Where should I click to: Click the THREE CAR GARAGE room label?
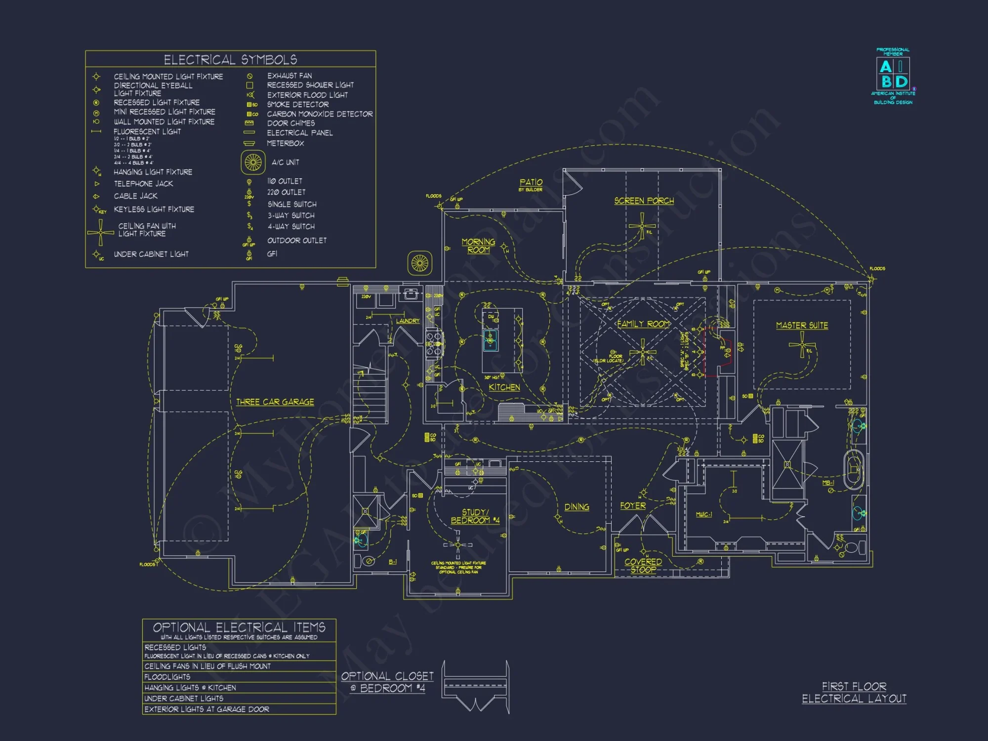coord(275,402)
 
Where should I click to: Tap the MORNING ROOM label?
coord(478,246)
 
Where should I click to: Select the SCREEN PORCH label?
coord(644,201)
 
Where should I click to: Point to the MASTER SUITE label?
coord(802,325)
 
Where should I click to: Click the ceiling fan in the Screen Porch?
coord(642,227)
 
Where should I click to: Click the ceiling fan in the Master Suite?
coord(802,344)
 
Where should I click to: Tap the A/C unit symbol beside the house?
coord(420,263)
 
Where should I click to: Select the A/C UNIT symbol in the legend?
coord(253,162)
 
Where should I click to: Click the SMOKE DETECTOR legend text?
coord(297,104)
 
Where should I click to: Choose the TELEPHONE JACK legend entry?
coord(143,184)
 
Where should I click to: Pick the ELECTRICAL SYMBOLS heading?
coord(230,60)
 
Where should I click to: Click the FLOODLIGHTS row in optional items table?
coord(167,677)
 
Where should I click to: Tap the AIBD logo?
coord(893,74)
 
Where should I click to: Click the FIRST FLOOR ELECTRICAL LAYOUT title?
coord(854,693)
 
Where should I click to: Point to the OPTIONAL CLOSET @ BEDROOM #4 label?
coord(387,682)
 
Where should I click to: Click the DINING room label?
coord(576,507)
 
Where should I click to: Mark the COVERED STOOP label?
coord(643,565)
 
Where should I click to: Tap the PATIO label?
coord(531,183)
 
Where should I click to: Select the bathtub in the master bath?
coord(853,469)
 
